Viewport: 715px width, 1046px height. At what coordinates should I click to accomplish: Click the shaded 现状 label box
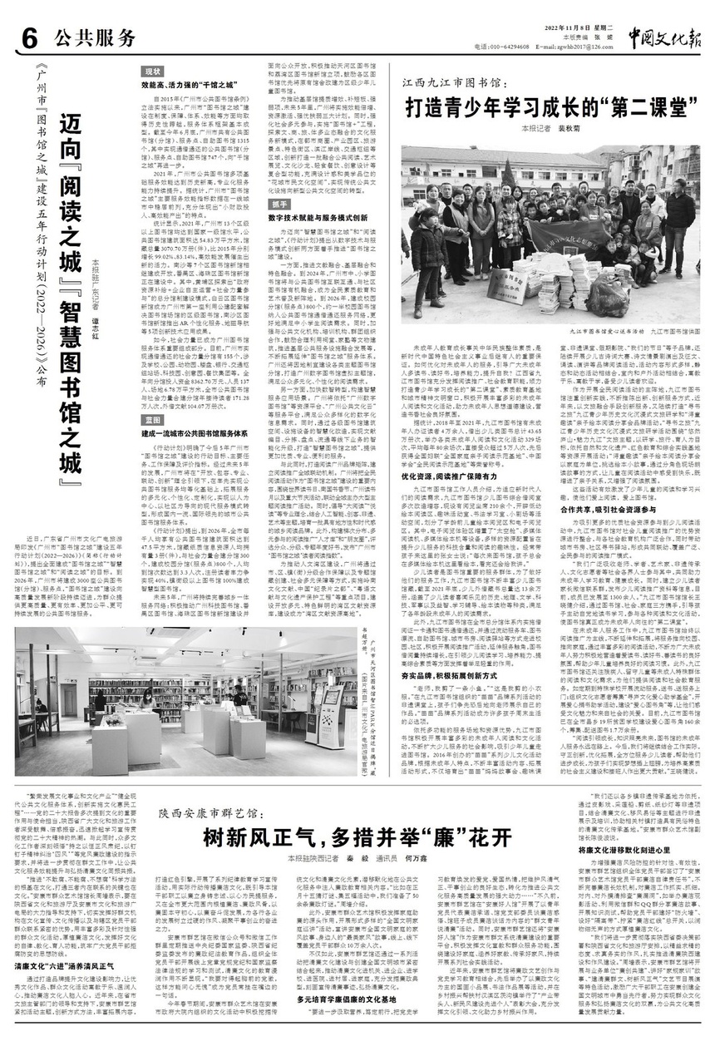pos(152,73)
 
